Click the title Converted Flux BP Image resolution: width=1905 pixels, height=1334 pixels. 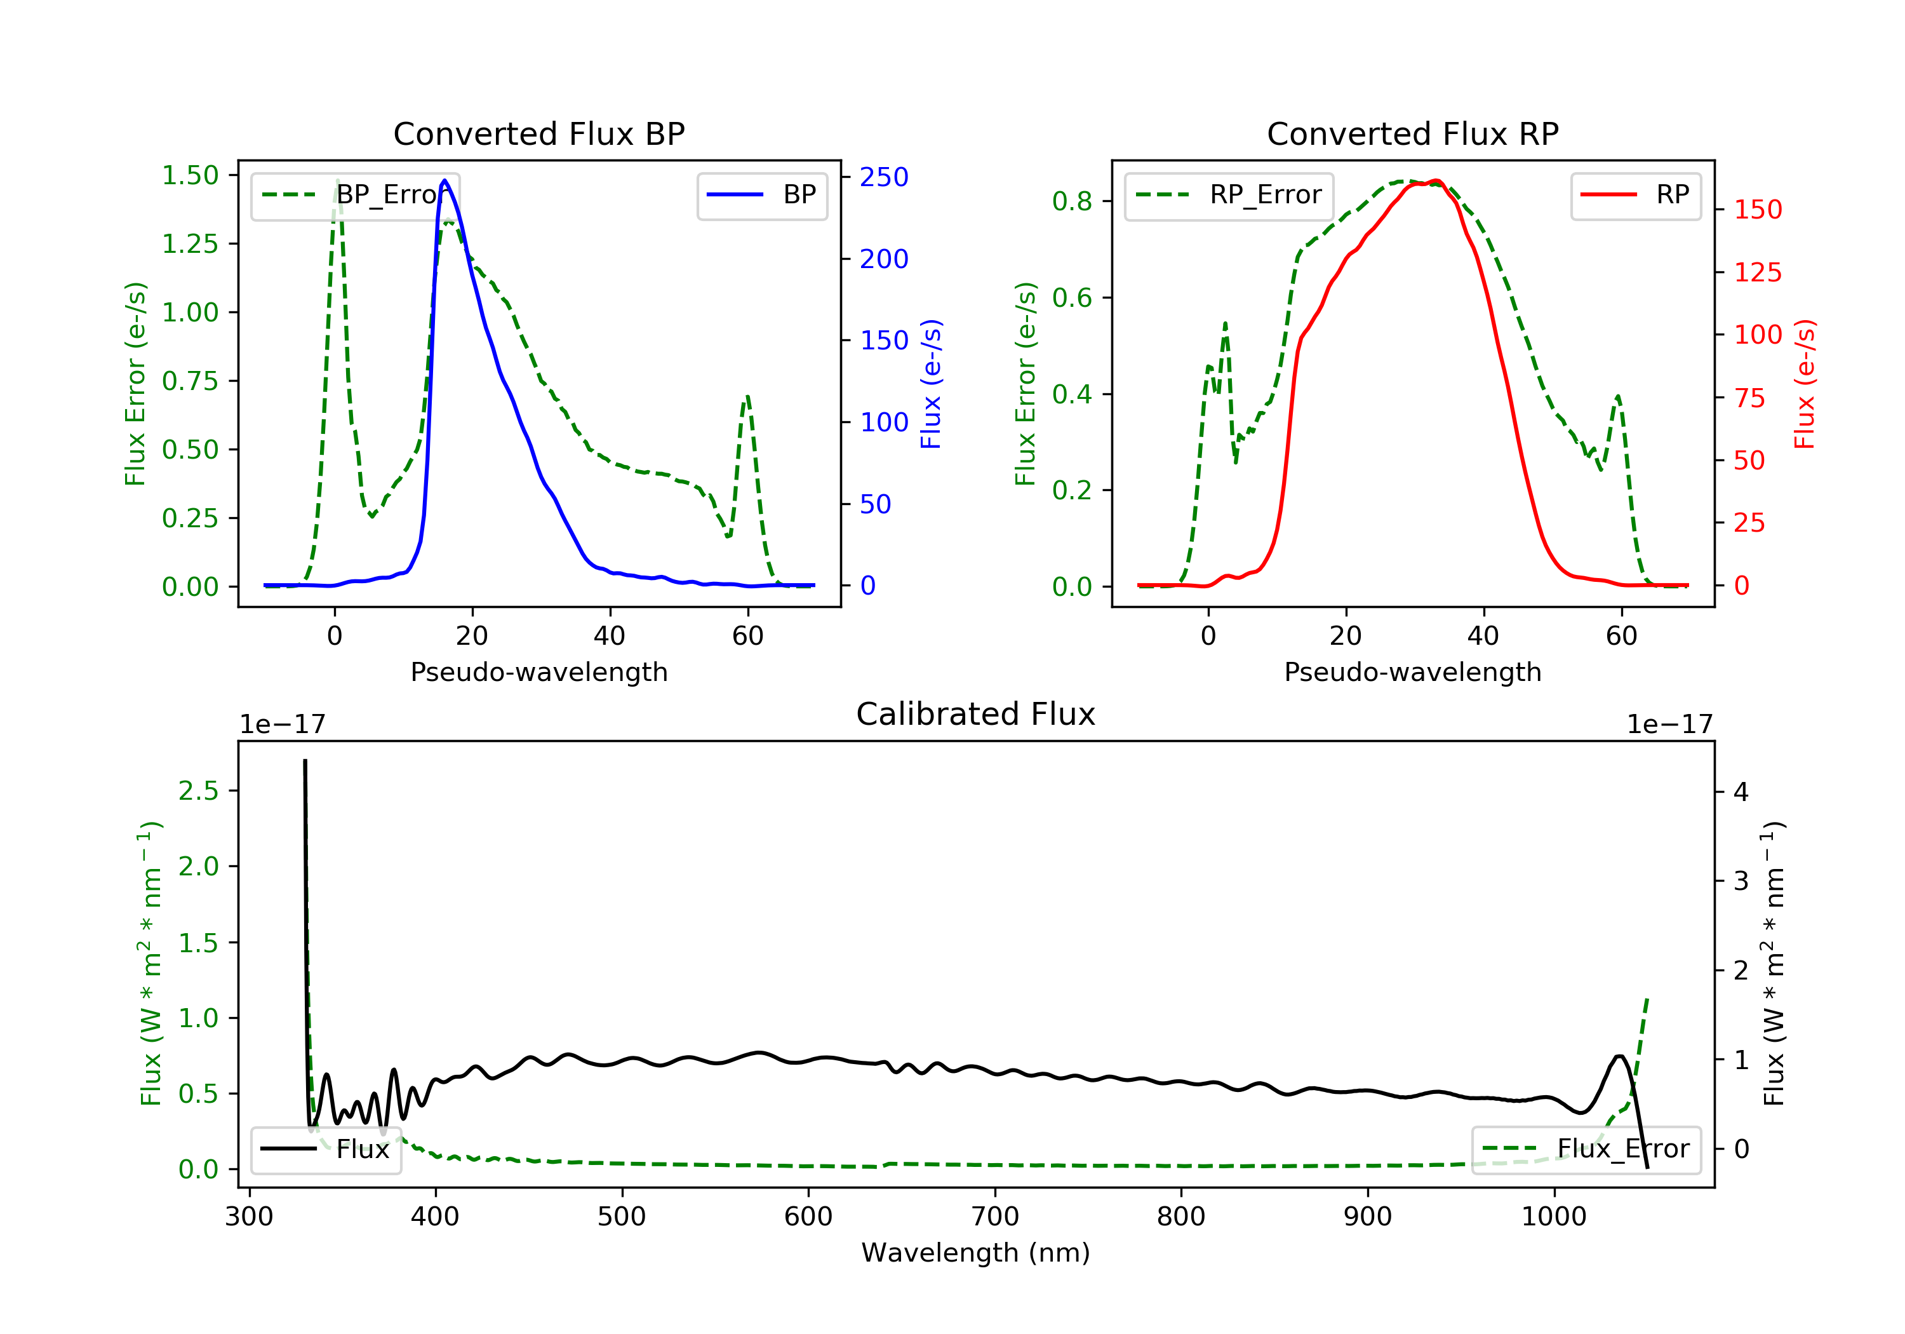[x=538, y=133]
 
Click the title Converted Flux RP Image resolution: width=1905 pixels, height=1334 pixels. [x=1412, y=133]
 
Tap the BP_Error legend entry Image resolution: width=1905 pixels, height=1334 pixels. [x=355, y=195]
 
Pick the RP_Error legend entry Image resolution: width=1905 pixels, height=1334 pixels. [x=1229, y=195]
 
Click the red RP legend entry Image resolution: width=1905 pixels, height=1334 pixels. [x=1635, y=195]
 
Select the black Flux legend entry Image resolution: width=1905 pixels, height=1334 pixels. [x=326, y=1149]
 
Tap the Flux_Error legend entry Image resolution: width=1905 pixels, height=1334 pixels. [x=1586, y=1149]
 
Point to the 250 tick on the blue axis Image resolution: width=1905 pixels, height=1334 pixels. [x=884, y=177]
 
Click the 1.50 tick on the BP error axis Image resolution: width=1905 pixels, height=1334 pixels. [x=190, y=175]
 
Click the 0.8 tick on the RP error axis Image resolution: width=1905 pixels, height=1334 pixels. [x=1072, y=201]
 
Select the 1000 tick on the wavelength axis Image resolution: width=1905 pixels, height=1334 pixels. [x=1553, y=1217]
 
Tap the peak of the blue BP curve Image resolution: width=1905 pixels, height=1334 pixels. [x=444, y=180]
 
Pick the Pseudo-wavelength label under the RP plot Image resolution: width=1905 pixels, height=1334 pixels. [x=1412, y=671]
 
